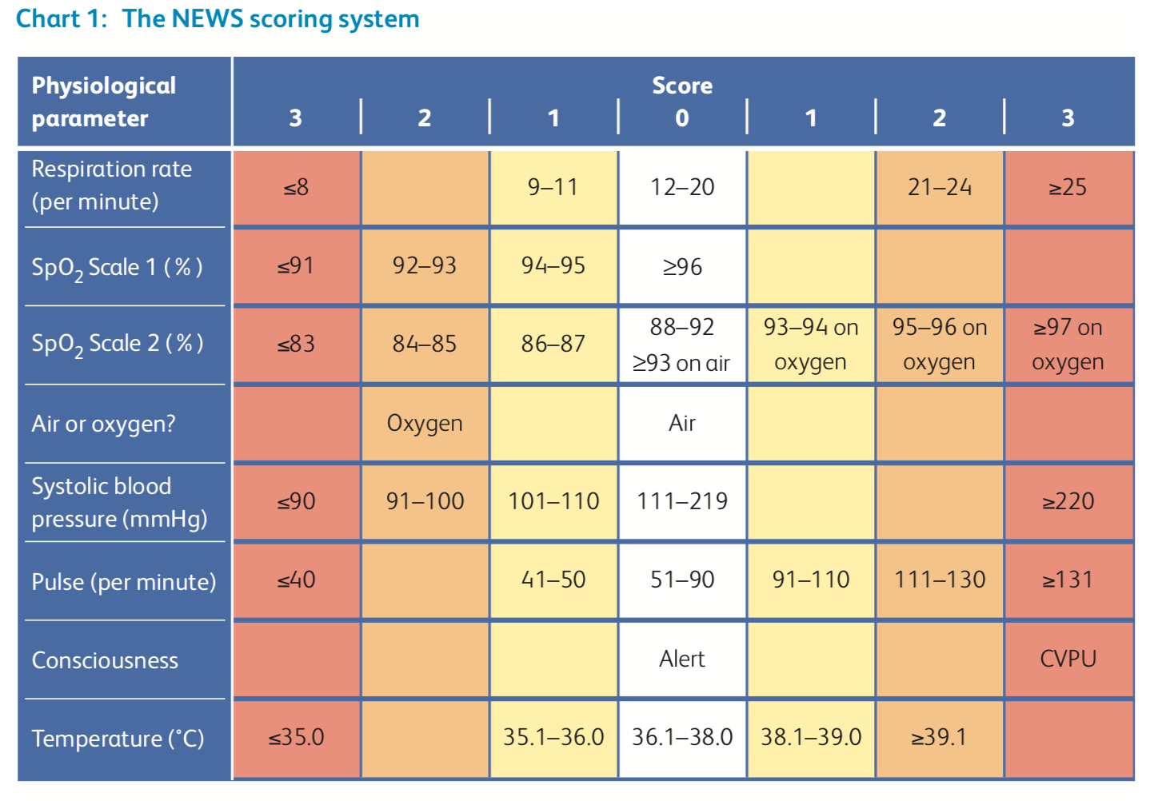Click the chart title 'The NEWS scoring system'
270,20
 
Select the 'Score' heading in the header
682,86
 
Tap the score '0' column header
682,118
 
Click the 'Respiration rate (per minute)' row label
112,185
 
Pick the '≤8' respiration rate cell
296,187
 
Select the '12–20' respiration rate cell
682,187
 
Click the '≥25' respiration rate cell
1068,187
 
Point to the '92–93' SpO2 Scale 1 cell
425,265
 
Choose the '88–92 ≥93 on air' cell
681,345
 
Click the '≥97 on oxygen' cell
1068,345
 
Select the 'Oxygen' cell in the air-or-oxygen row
425,423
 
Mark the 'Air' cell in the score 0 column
682,423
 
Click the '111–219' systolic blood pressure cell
682,500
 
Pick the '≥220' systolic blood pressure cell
1068,500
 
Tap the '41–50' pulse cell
553,580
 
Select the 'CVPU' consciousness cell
1068,659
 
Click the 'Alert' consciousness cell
682,659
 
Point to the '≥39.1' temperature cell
939,737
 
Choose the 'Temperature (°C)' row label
118,739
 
